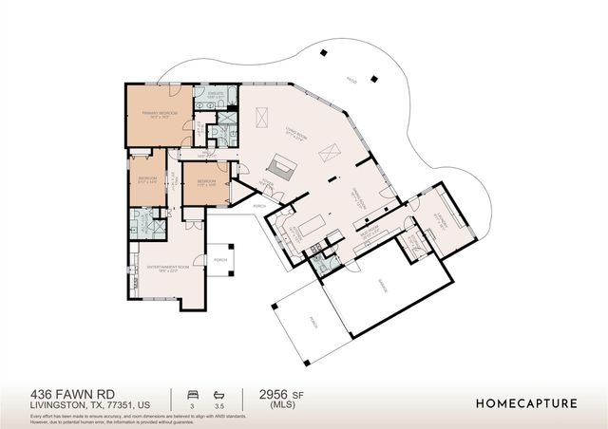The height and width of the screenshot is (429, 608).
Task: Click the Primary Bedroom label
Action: tap(161, 114)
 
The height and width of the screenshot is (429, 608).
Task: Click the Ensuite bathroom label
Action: tap(216, 95)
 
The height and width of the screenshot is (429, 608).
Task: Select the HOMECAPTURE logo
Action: tap(526, 403)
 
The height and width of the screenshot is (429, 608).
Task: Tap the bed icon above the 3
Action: tap(193, 392)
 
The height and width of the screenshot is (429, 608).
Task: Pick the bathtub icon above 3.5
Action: tap(220, 392)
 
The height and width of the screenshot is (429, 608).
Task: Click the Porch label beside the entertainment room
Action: tap(220, 259)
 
